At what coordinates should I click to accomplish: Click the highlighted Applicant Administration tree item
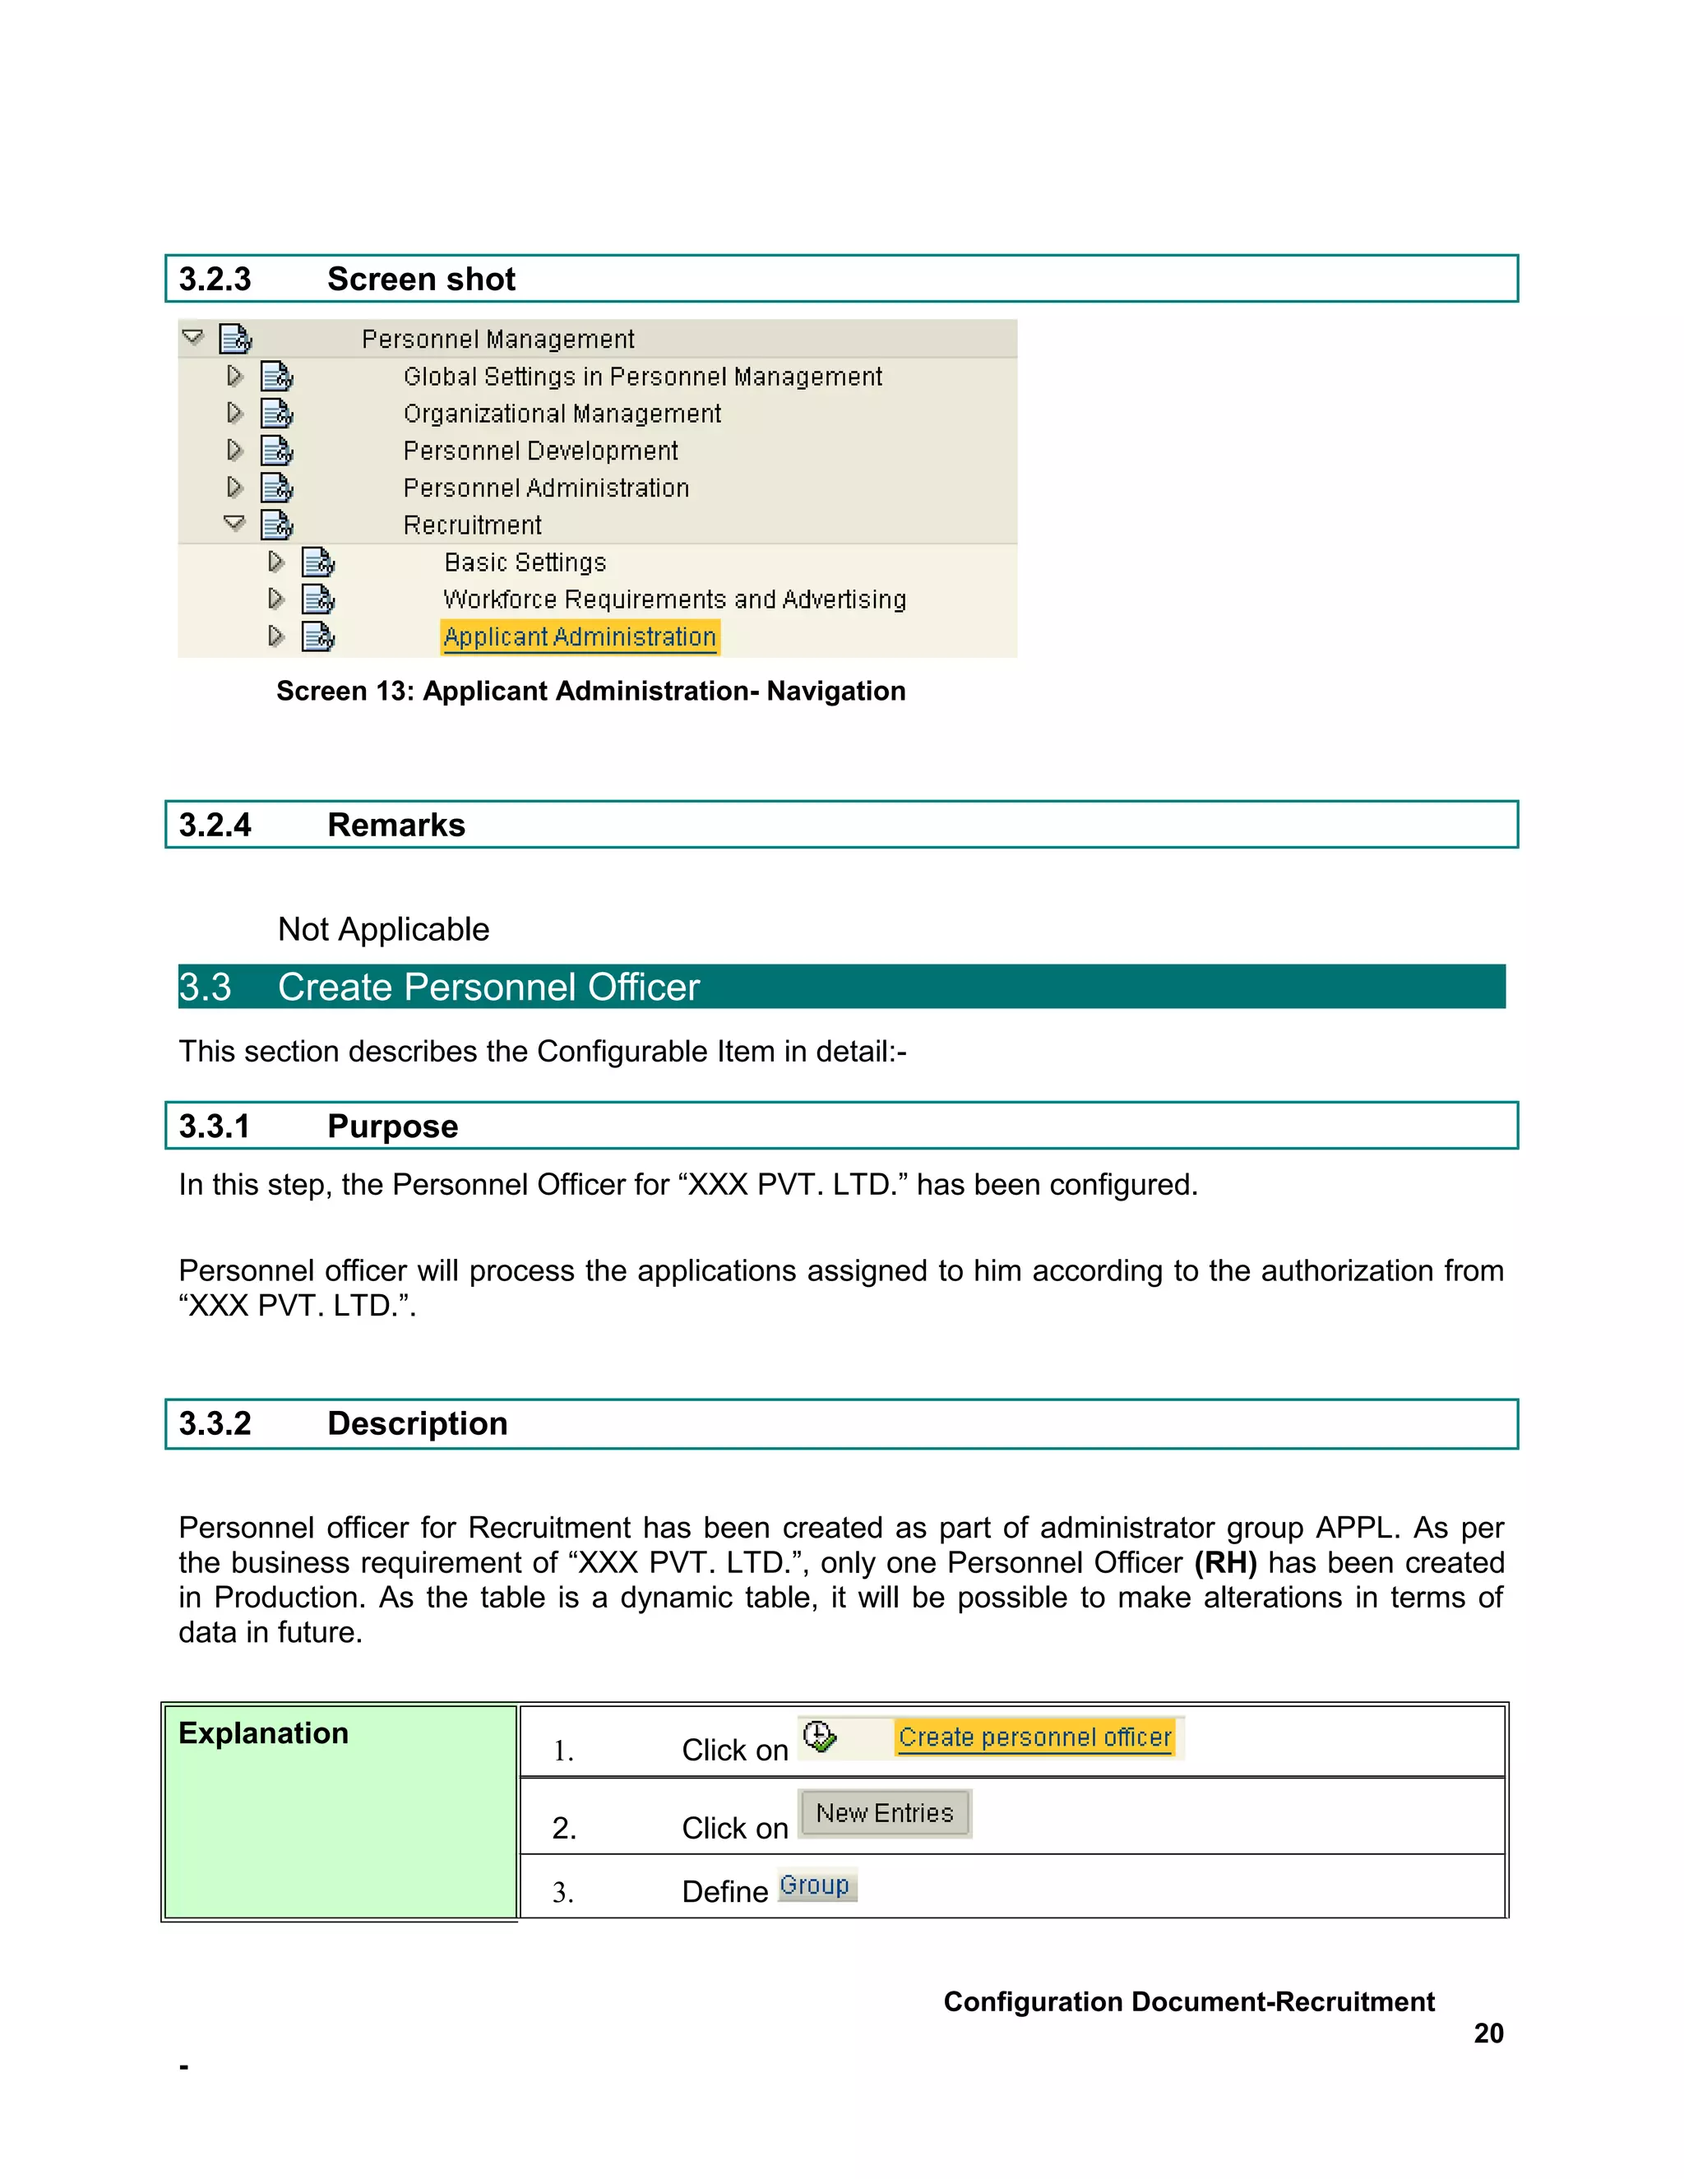pos(579,636)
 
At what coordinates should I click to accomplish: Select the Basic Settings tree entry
pos(525,562)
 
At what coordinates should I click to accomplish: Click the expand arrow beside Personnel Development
pos(234,450)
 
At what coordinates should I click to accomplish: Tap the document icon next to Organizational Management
pos(276,413)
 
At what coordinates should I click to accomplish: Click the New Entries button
pos(884,1813)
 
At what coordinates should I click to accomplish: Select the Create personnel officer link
pos(1034,1737)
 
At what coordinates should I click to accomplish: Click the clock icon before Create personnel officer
pos(819,1737)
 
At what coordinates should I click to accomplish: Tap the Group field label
pos(815,1885)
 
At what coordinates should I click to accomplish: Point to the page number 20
pos(1487,2033)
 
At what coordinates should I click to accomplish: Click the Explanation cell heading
pos(263,1733)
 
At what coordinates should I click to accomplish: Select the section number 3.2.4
pos(215,825)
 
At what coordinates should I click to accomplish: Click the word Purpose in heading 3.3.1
pos(392,1127)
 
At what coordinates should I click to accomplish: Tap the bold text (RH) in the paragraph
pos(1225,1562)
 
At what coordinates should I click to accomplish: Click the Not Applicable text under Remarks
pos(383,929)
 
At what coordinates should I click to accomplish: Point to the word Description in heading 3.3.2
pos(417,1423)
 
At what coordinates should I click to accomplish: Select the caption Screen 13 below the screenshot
pos(590,691)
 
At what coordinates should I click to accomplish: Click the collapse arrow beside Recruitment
pos(234,523)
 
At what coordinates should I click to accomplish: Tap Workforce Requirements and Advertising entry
pos(674,599)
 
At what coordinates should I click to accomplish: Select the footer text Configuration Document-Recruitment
pos(1188,2001)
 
